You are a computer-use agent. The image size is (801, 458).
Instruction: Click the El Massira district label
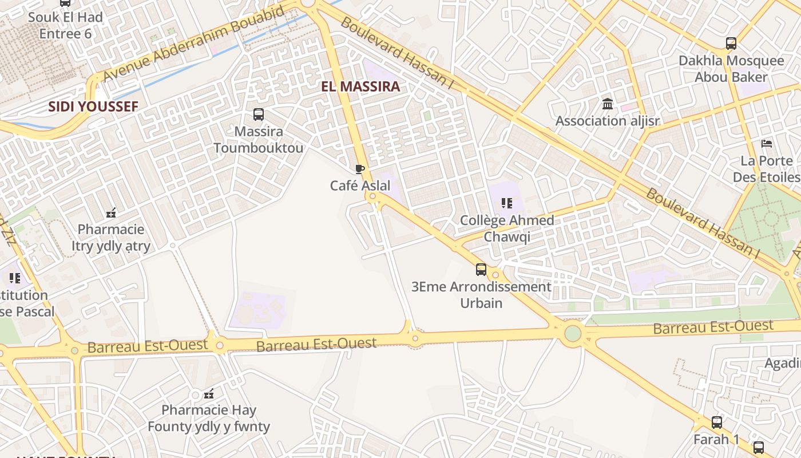pos(360,87)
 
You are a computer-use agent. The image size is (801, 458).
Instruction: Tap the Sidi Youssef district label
pos(93,106)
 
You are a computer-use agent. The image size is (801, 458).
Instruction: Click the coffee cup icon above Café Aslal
pos(359,169)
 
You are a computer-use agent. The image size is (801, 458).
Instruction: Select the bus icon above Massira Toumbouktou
pos(259,114)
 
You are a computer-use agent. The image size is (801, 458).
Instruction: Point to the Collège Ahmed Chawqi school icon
pos(506,203)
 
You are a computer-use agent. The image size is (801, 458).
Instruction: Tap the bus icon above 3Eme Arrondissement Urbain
pos(481,269)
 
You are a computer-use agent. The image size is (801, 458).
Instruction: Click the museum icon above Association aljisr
pos(608,104)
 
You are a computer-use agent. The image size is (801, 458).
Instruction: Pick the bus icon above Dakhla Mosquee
pos(731,44)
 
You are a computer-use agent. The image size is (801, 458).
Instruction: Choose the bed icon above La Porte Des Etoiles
pos(767,143)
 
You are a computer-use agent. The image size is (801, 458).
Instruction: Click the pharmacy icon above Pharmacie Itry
pos(111,213)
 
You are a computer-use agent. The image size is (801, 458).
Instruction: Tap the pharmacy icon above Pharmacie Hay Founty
pos(209,393)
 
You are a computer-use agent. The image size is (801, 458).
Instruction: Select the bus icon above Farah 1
pos(716,423)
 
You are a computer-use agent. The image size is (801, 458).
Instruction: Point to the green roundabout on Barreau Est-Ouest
pos(572,333)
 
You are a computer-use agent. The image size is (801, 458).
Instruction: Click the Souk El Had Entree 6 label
pos(65,25)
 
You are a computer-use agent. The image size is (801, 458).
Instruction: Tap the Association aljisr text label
pos(608,121)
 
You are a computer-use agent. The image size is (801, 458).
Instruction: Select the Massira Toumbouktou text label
pos(259,140)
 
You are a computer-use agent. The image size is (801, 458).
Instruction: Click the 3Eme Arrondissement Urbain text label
pos(481,294)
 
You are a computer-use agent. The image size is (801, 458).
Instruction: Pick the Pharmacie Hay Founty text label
pos(209,418)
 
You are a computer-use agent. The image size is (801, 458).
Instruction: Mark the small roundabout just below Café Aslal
pos(373,198)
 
